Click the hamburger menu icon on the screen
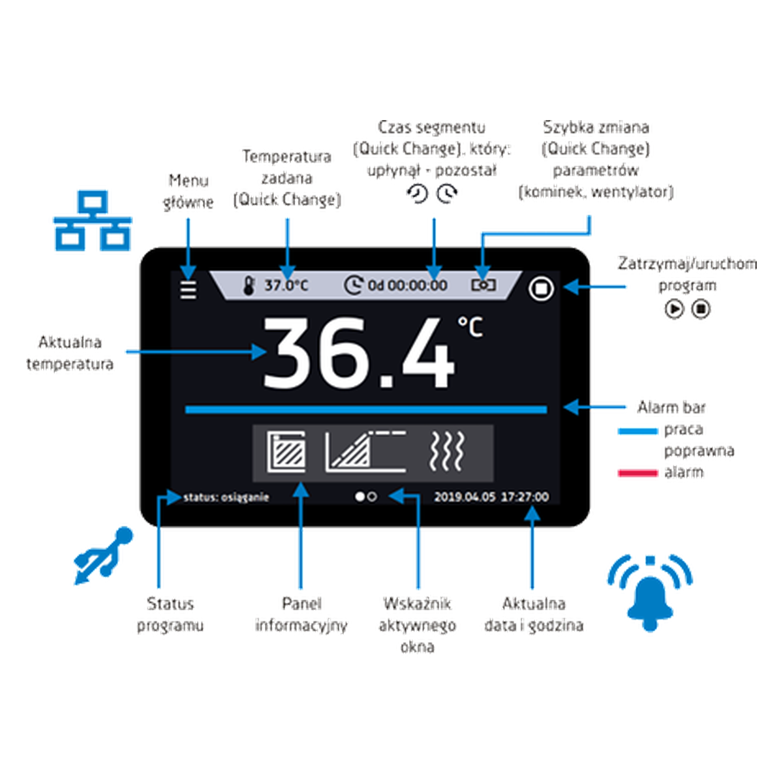pos(188,290)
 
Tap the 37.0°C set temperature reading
pos(286,285)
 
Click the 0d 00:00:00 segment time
pos(407,285)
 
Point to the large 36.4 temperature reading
pos(358,353)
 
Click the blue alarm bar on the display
pos(365,409)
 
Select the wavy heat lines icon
pos(446,452)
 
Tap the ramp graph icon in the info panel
pos(365,452)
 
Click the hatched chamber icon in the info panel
pos(286,452)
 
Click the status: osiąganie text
pos(226,497)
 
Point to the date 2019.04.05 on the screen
pos(465,497)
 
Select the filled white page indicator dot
pos(360,497)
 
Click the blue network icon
pos(93,221)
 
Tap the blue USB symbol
pos(103,555)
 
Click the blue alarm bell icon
pos(650,594)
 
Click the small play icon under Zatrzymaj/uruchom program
pos(674,309)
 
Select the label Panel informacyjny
pos(301,615)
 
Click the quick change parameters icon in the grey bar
pos(483,285)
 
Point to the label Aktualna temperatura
pos(70,353)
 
